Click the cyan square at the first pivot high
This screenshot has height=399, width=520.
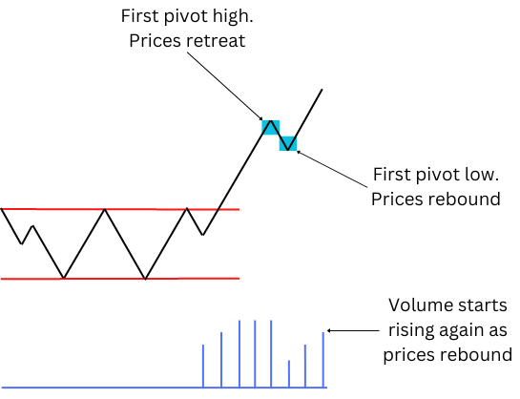[271, 127]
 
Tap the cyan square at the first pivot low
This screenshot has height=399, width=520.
[288, 143]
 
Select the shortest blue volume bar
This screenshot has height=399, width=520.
[289, 373]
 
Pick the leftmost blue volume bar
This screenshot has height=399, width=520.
[203, 366]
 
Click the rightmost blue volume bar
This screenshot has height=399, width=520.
[323, 360]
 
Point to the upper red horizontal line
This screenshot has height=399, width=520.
[119, 209]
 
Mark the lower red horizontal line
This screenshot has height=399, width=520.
[119, 279]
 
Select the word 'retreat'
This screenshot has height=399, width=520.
[217, 41]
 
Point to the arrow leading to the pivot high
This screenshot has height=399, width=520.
[225, 86]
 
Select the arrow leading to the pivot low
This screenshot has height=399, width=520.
[332, 169]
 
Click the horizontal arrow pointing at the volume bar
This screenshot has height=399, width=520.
[353, 330]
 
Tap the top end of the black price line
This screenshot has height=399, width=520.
[322, 89]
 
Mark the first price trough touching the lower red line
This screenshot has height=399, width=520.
[64, 277]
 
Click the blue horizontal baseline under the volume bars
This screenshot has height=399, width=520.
[164, 388]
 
